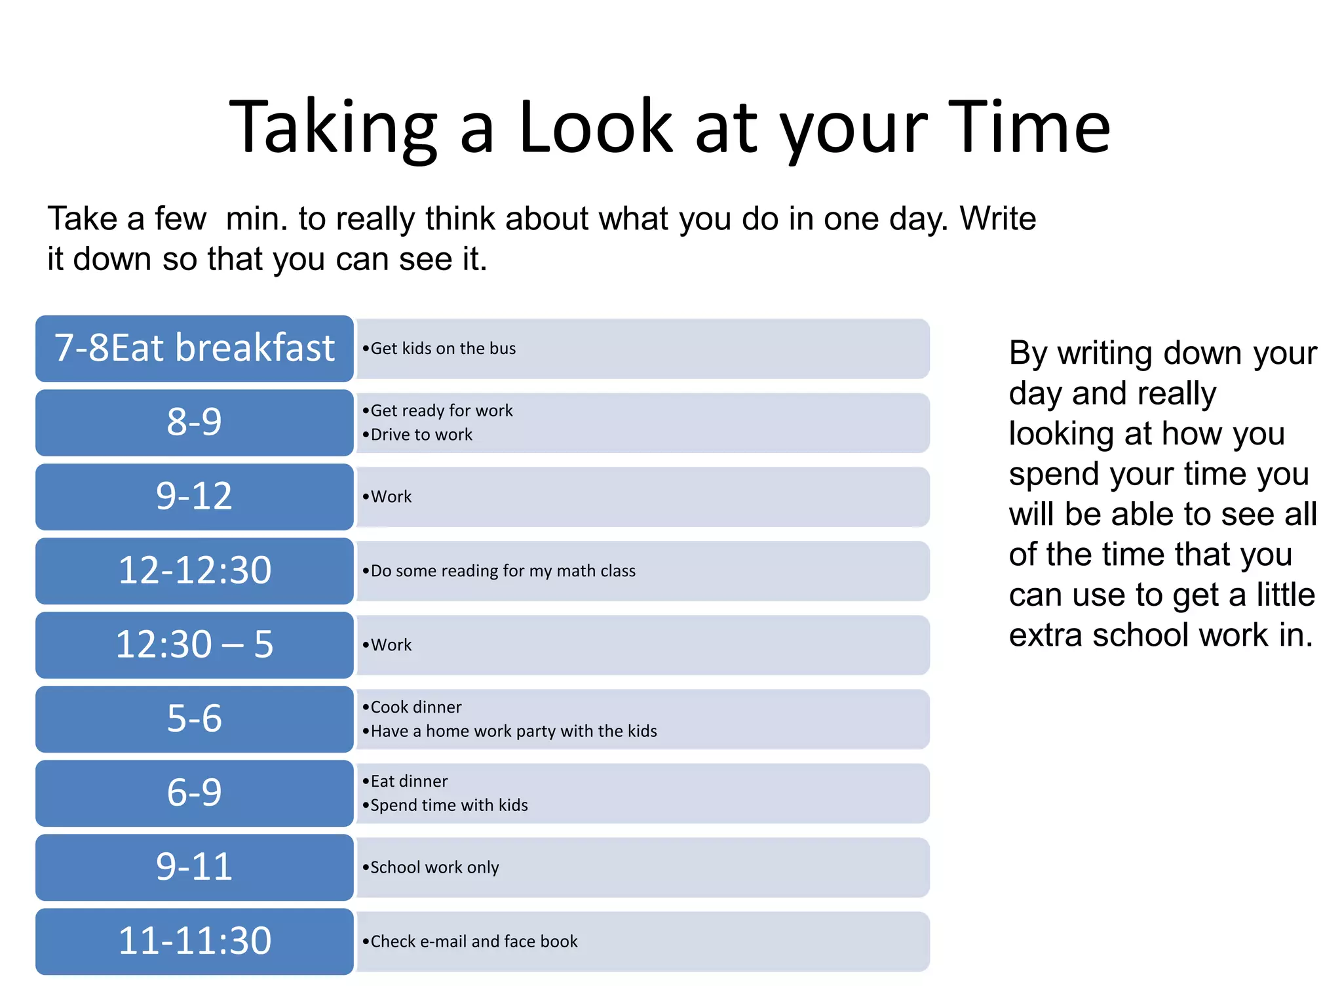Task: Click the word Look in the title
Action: [x=595, y=127]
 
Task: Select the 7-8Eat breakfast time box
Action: [x=194, y=348]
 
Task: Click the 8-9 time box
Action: [x=194, y=422]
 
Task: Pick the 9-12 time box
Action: [x=194, y=496]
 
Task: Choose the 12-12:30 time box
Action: [x=194, y=570]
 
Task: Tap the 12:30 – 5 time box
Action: [x=194, y=644]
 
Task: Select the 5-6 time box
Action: [x=194, y=719]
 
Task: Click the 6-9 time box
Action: [x=194, y=793]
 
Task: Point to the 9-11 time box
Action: [x=194, y=867]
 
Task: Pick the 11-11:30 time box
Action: [x=194, y=941]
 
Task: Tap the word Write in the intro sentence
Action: [x=997, y=219]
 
